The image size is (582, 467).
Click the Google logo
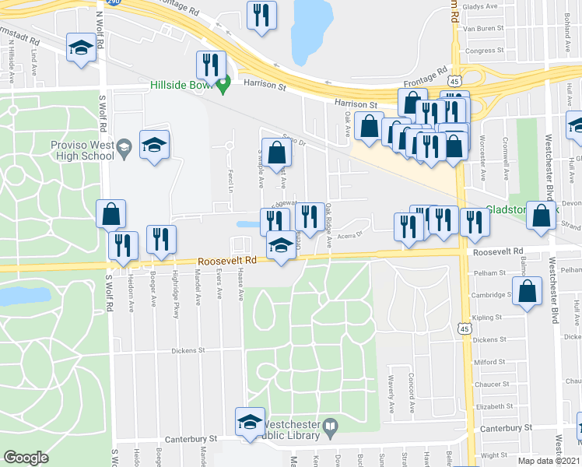(26, 457)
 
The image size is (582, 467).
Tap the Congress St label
(483, 51)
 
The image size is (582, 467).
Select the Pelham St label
(489, 273)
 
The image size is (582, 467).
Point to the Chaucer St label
(489, 384)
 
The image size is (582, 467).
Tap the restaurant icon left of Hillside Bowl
(210, 63)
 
